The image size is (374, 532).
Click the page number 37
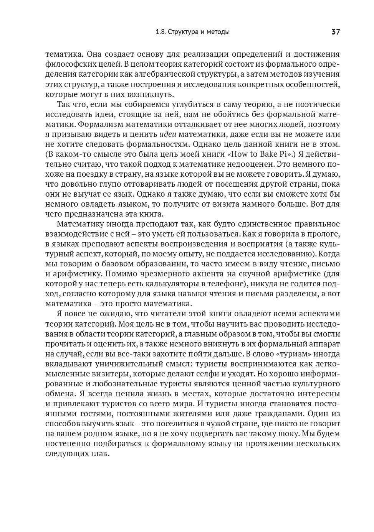(335, 32)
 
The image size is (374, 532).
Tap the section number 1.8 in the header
(161, 32)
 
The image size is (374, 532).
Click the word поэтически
(316, 104)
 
